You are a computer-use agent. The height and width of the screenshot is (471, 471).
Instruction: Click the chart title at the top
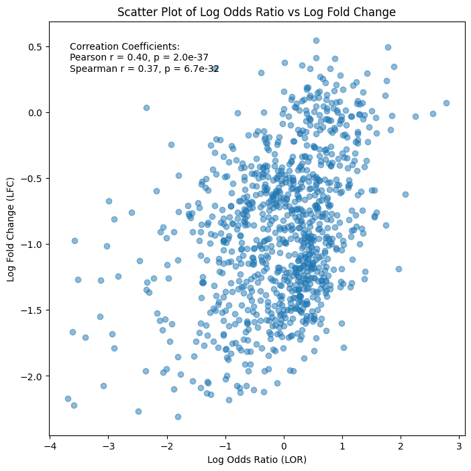pos(256,12)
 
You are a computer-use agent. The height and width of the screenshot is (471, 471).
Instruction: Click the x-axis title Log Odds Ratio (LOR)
pos(257,460)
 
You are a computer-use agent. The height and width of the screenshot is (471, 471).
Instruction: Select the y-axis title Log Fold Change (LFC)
pos(10,230)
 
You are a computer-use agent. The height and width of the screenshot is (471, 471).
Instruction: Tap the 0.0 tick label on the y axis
pos(34,113)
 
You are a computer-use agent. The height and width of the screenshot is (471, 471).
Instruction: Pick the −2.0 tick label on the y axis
pos(32,376)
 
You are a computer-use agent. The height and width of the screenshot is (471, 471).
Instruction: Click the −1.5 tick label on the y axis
pos(32,310)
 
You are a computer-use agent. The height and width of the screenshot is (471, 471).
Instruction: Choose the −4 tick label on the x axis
pos(50,446)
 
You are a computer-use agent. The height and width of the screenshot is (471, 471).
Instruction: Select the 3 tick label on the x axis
pos(459,446)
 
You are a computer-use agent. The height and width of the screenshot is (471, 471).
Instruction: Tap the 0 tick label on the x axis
pos(284,446)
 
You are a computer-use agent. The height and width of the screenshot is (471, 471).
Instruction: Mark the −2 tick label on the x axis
pos(167,446)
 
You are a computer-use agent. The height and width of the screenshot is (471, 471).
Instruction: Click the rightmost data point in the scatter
pos(446,103)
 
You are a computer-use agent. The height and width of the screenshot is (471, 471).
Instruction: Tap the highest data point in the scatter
pos(316,40)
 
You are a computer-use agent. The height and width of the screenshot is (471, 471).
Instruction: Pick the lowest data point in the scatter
pos(178,417)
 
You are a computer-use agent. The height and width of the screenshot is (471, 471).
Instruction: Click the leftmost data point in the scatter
pos(68,399)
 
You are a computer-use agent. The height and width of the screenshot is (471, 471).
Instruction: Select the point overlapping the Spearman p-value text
pos(215,69)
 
